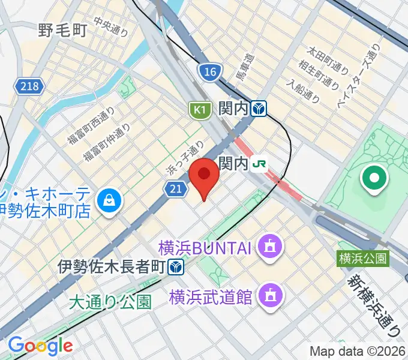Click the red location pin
tap(205, 175)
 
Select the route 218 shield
tap(29, 86)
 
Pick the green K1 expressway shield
tap(199, 110)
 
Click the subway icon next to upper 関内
tap(259, 109)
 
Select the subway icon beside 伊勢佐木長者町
tap(176, 266)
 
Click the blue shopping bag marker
tap(110, 200)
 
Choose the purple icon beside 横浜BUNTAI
tap(269, 246)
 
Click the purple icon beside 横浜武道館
tap(268, 295)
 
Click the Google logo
tap(40, 346)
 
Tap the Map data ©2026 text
tap(358, 352)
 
